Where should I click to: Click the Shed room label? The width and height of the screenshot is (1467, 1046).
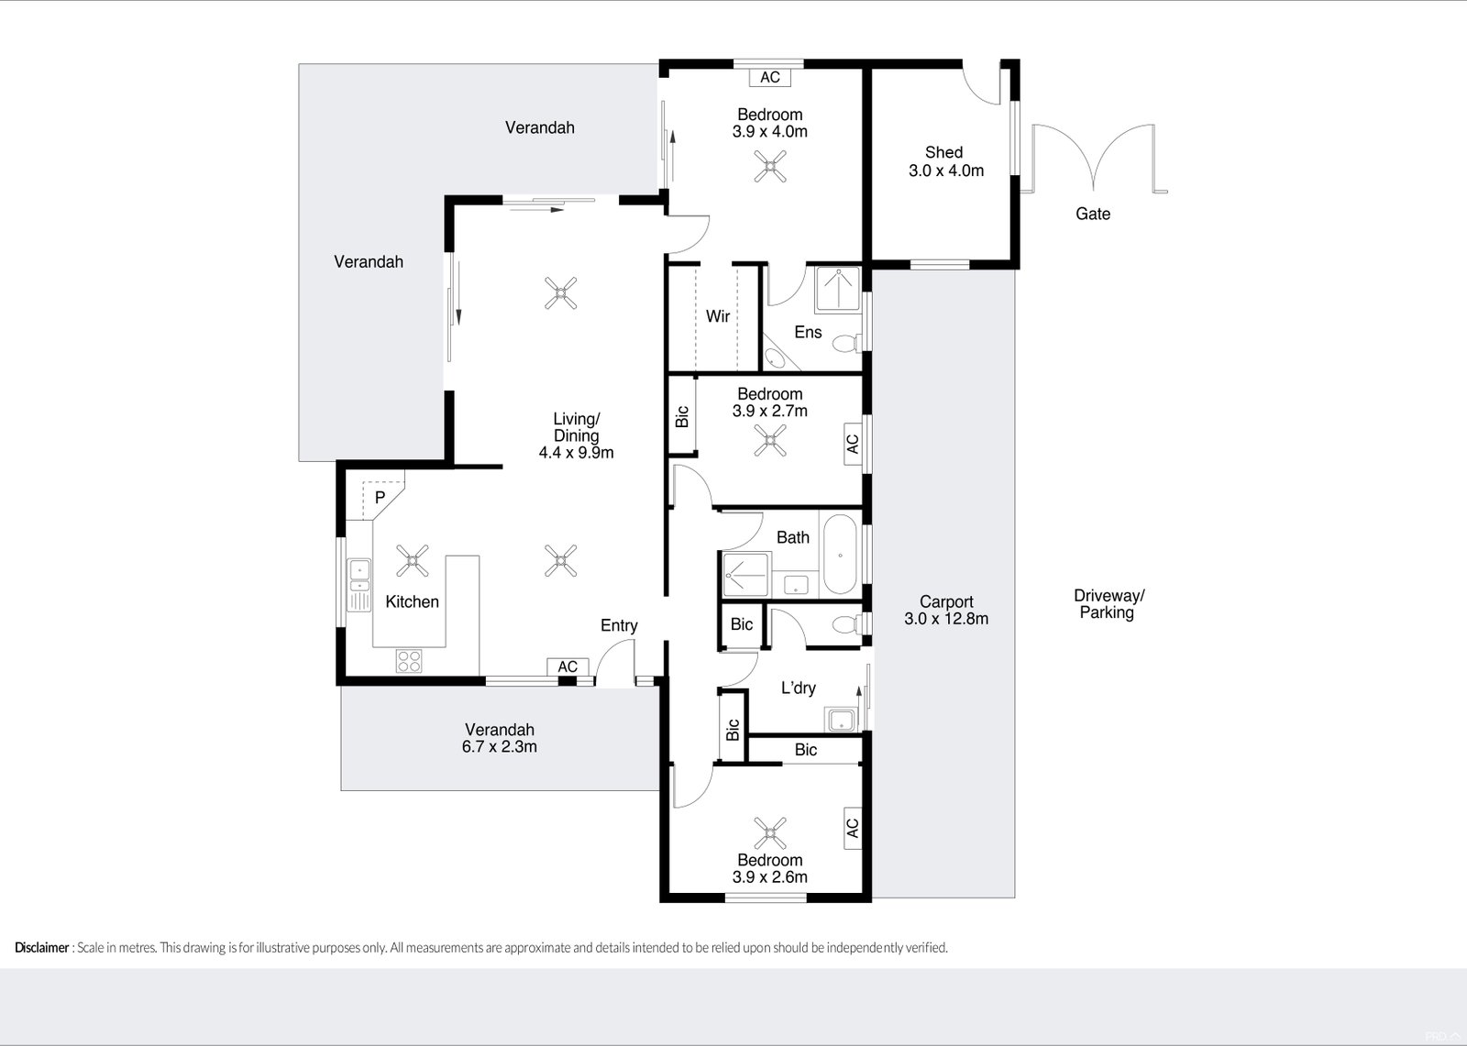click(x=945, y=161)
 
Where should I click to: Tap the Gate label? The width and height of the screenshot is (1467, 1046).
click(x=1092, y=214)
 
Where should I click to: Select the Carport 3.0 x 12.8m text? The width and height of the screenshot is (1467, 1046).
click(x=946, y=610)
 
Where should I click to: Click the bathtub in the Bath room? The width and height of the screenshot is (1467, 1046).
click(x=839, y=556)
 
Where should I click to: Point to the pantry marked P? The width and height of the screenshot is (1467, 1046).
click(x=380, y=498)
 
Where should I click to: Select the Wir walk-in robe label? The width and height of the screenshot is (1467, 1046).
click(x=718, y=316)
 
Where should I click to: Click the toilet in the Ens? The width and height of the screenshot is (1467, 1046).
click(x=845, y=343)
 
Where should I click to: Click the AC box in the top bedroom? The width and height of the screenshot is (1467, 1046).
click(x=770, y=77)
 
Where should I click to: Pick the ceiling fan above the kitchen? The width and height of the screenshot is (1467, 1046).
click(x=412, y=560)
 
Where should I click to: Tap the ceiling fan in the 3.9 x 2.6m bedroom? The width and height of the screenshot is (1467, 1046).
click(x=769, y=833)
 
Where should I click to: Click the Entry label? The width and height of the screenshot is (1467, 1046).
click(x=619, y=625)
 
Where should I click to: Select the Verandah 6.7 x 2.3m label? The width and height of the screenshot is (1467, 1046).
click(x=500, y=738)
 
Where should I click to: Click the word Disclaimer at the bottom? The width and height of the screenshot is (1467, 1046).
click(x=42, y=948)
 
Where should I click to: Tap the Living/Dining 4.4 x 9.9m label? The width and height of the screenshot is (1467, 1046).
click(x=576, y=435)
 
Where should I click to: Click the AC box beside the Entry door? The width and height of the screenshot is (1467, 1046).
click(x=568, y=666)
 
